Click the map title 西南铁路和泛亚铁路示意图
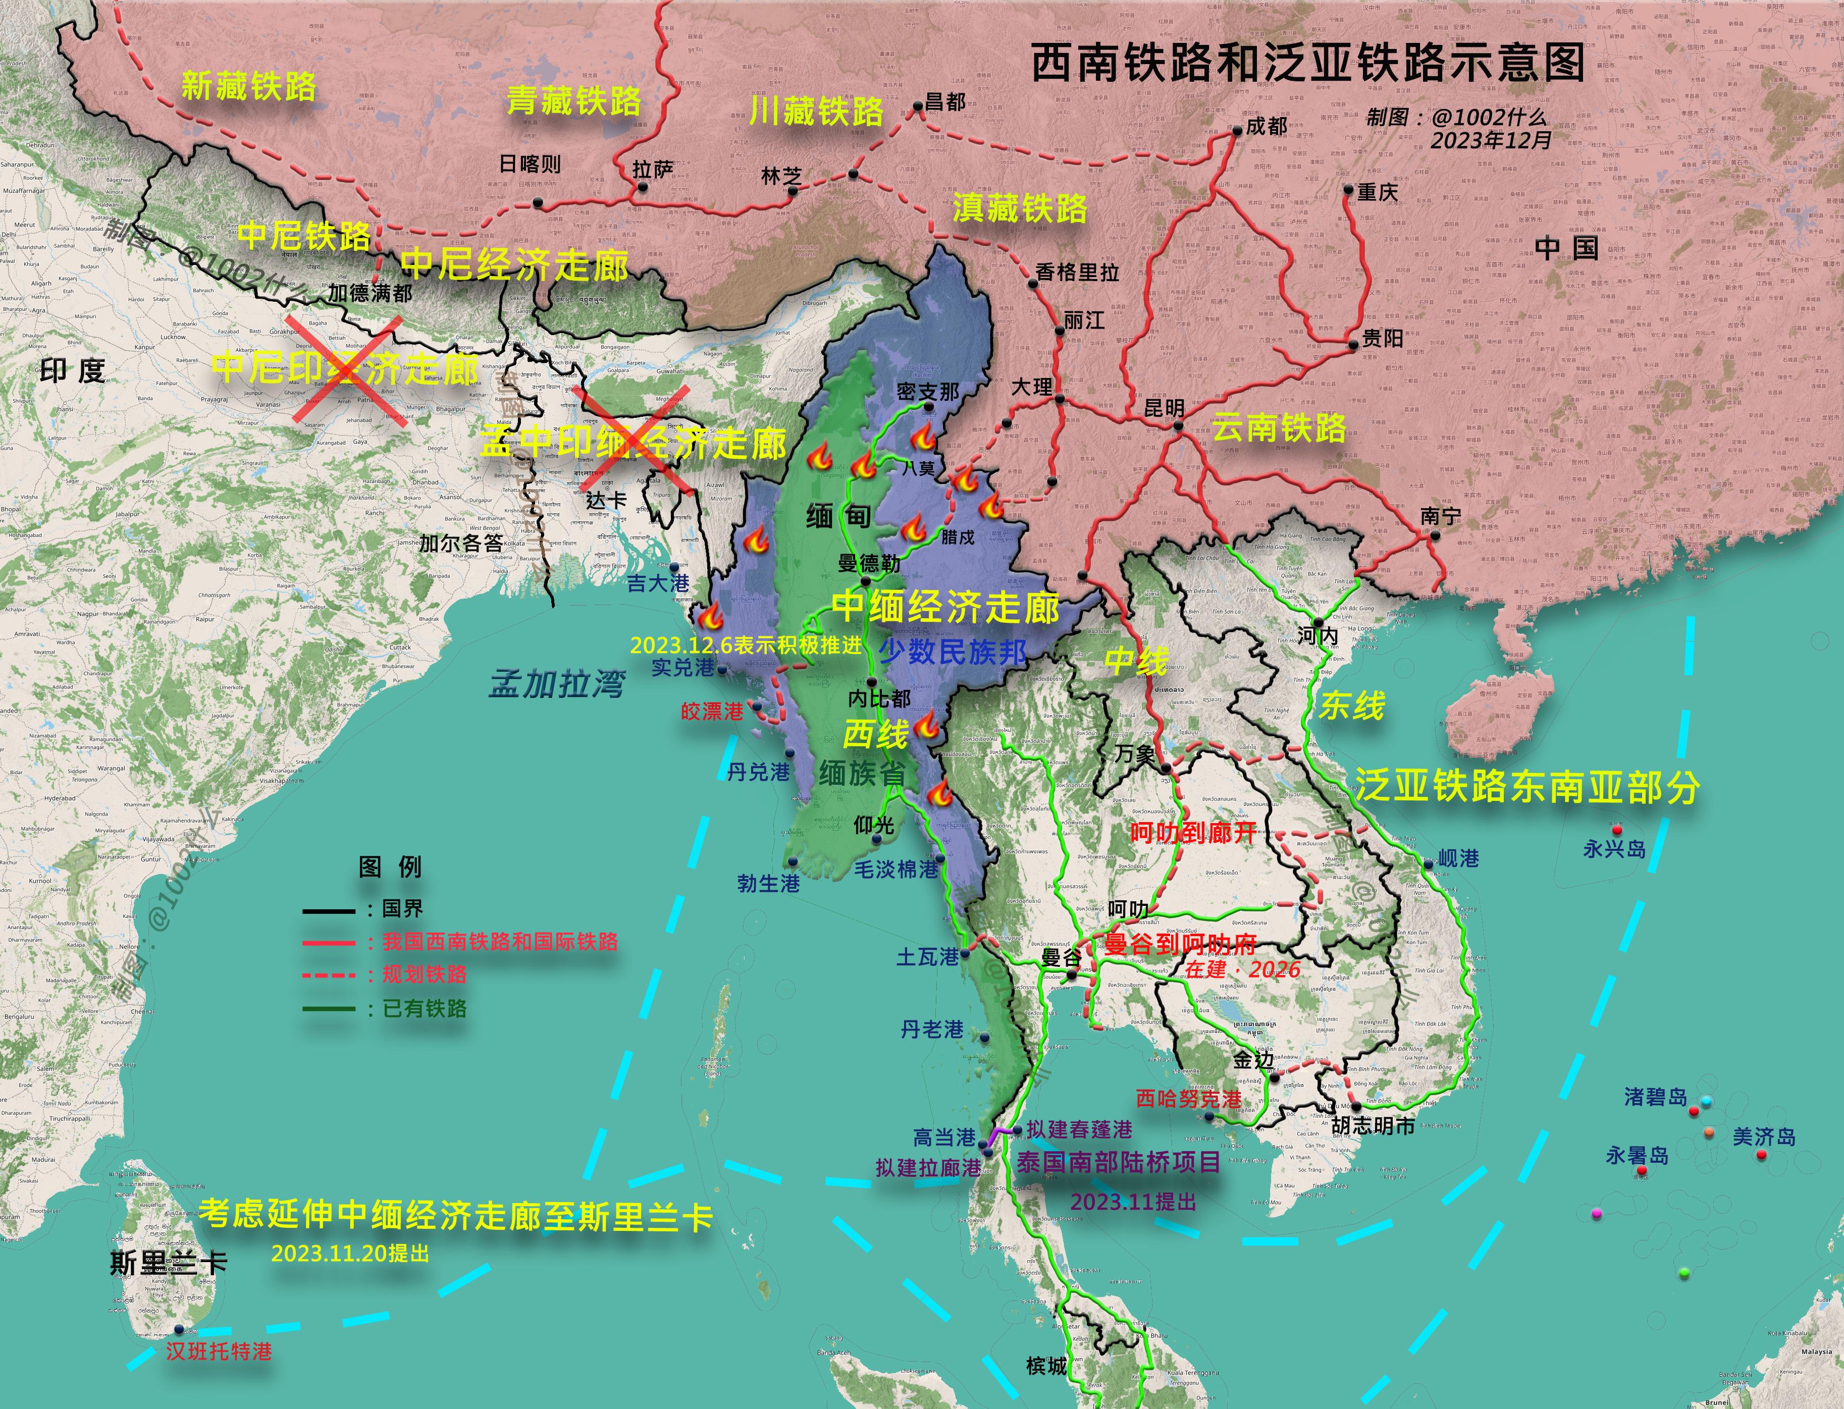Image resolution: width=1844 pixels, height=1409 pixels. [1306, 63]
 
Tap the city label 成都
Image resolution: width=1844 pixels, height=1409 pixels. [1266, 127]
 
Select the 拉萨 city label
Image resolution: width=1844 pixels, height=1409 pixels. [653, 170]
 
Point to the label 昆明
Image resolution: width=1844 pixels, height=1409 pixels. [1165, 408]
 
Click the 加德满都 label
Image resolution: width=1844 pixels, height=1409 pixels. [370, 293]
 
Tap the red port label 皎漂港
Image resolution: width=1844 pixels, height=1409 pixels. [712, 711]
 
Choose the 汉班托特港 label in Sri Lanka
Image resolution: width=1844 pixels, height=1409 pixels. [219, 1351]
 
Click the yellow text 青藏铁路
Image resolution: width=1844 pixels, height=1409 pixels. [574, 101]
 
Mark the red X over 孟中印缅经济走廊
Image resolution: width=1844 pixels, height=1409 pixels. [635, 440]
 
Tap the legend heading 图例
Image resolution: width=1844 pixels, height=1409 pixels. [390, 866]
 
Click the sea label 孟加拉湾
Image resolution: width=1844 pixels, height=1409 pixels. [557, 684]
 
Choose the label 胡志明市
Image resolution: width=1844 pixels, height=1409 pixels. [1374, 1125]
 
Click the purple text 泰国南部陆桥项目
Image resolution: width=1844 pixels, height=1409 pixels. [1118, 1162]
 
